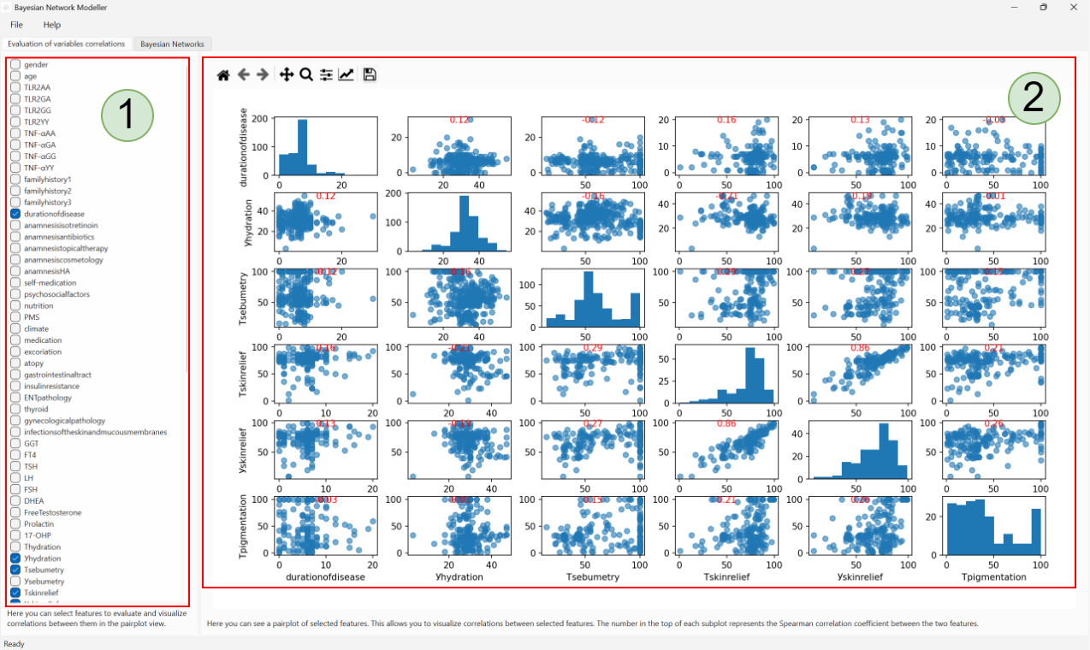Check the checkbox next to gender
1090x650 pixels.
point(15,65)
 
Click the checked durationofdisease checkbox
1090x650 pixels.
point(15,214)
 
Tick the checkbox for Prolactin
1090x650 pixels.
point(15,523)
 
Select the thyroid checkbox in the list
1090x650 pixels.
point(15,409)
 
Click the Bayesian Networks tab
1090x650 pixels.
point(172,44)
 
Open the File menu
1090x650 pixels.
point(16,25)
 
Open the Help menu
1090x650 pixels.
point(52,25)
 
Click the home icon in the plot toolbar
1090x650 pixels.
point(223,75)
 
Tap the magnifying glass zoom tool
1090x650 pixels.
point(305,75)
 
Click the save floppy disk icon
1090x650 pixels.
point(370,75)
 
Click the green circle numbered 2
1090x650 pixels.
point(1034,99)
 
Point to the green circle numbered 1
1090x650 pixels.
point(127,115)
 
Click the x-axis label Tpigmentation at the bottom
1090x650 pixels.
point(993,576)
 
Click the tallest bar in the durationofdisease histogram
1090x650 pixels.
point(302,145)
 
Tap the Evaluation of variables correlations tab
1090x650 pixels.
point(67,44)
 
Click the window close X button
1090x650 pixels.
point(1071,7)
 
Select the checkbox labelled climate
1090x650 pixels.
point(15,328)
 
